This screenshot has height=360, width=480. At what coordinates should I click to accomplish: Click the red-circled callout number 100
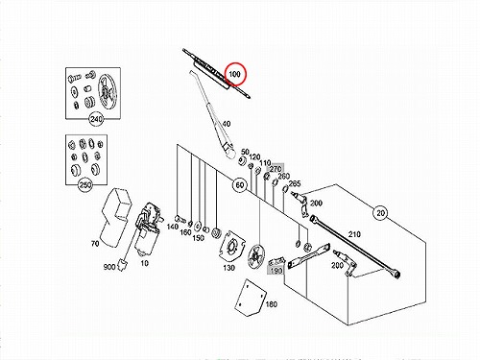(234, 74)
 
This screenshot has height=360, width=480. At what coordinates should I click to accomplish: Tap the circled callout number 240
(96, 119)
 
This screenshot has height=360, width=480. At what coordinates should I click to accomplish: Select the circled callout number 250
(85, 185)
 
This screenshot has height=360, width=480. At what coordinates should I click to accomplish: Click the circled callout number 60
(240, 185)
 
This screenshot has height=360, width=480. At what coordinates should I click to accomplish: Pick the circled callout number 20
(380, 213)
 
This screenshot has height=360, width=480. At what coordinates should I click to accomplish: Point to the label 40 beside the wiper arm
(226, 124)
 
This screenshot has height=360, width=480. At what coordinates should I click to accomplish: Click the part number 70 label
(95, 244)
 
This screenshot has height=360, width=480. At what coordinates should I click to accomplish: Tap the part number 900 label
(109, 267)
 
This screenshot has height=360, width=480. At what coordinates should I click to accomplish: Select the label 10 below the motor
(145, 263)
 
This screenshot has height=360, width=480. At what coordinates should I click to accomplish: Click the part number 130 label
(228, 268)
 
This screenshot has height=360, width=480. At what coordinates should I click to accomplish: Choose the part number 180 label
(272, 304)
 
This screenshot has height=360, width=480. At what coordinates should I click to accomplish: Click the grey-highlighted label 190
(276, 271)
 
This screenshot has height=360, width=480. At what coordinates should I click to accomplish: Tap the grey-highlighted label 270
(276, 168)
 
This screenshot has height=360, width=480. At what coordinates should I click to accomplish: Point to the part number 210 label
(354, 234)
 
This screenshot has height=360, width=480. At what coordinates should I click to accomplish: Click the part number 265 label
(295, 183)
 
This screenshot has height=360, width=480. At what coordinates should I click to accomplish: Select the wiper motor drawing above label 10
(148, 228)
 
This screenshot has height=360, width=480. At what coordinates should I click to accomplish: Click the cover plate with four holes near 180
(251, 298)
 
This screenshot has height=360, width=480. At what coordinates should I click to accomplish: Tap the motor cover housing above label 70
(116, 218)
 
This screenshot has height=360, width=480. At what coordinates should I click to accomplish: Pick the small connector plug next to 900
(123, 264)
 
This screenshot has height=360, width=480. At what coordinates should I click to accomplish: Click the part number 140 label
(173, 227)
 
